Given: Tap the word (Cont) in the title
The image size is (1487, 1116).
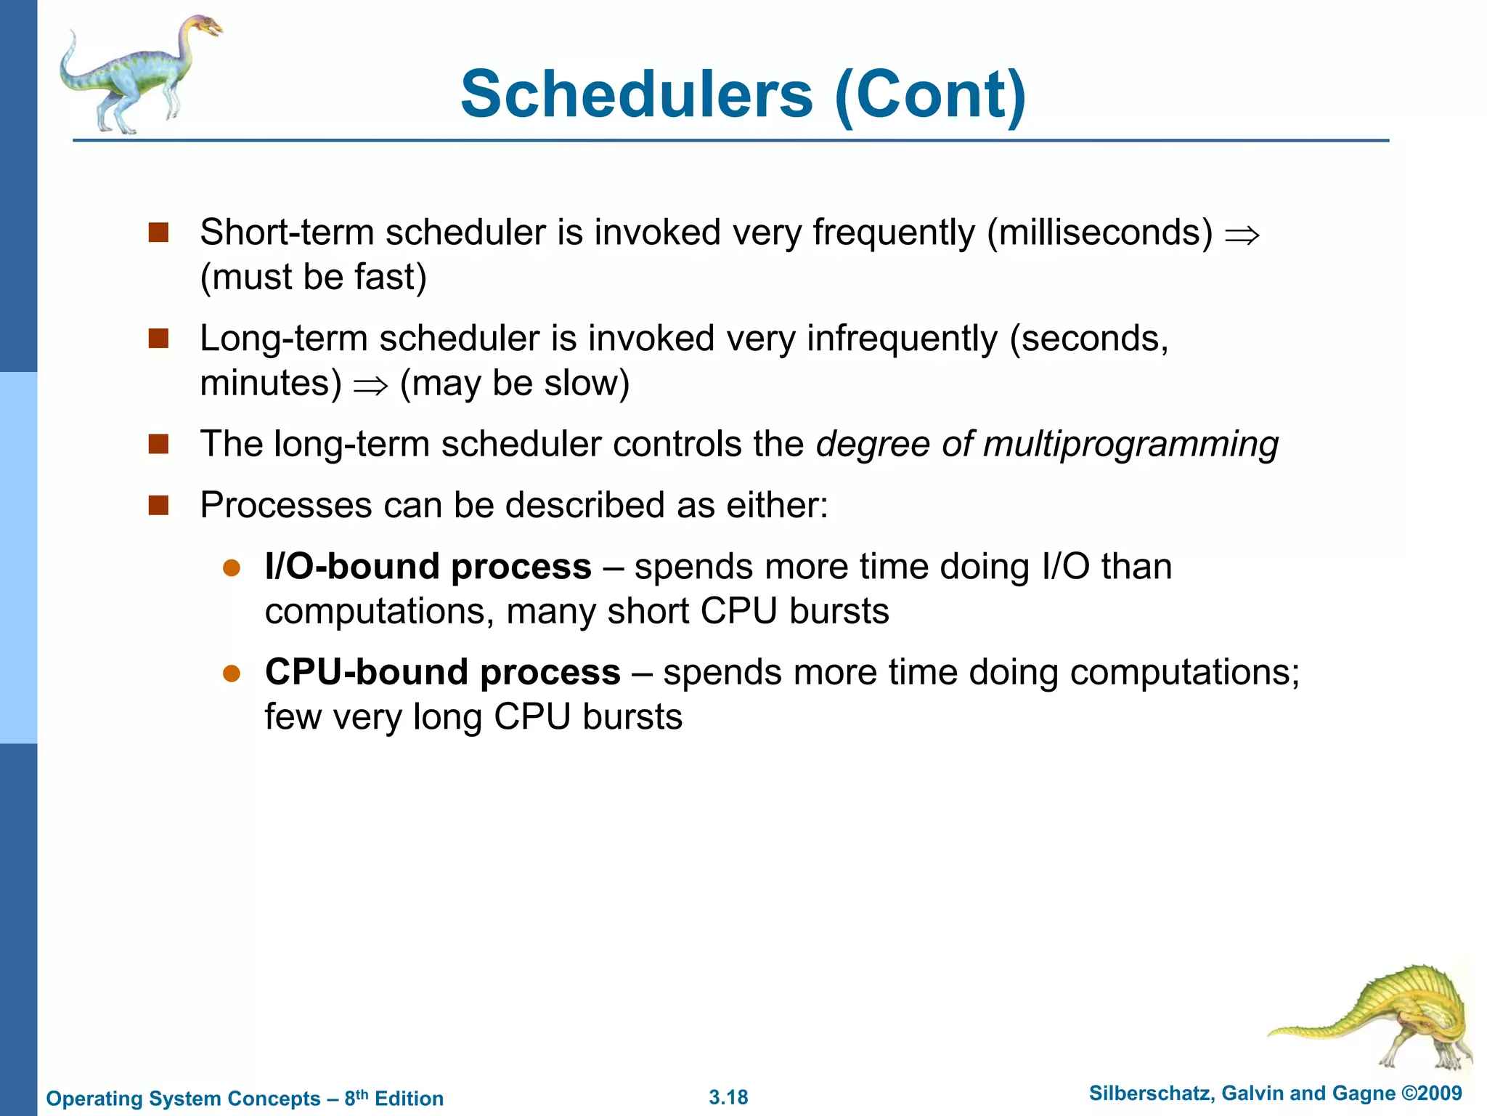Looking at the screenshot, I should [931, 96].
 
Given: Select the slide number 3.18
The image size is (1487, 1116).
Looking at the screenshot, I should [728, 1097].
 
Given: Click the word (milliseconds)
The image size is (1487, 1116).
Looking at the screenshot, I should [1099, 233].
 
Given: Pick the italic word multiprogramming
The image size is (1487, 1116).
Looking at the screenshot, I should [1130, 445].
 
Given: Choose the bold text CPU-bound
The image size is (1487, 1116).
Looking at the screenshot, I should [367, 672].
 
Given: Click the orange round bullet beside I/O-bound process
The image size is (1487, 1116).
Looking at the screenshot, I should [232, 568].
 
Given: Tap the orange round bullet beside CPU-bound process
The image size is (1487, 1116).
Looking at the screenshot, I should [232, 674].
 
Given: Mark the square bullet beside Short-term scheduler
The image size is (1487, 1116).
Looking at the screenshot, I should [158, 232].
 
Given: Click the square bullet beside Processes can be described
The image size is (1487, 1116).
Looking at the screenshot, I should [158, 505].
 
